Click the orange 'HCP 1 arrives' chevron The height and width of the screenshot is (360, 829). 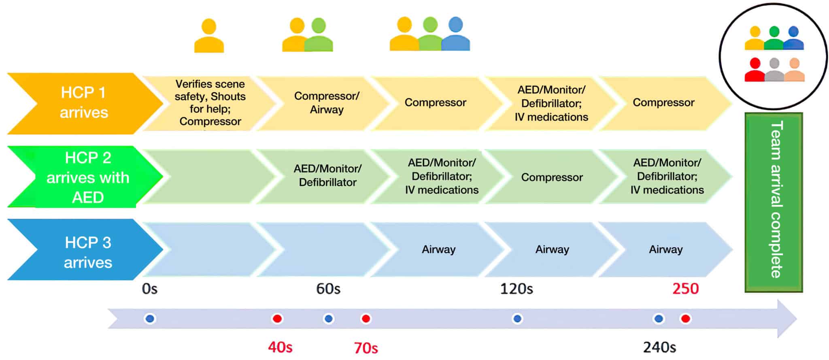83,103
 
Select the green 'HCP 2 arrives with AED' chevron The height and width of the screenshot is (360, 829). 87,177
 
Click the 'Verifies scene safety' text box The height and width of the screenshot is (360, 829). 210,102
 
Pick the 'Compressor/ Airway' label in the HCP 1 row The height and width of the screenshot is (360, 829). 326,102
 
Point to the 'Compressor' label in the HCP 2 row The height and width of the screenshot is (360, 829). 552,177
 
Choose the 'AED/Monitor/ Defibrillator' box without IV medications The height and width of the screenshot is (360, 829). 327,175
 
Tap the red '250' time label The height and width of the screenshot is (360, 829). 685,289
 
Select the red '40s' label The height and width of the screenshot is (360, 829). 280,347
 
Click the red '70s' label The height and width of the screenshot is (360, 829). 366,348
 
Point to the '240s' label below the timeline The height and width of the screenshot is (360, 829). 659,347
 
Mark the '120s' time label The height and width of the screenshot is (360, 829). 517,289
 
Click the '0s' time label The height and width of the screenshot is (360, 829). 149,289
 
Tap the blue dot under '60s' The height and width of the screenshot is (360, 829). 328,319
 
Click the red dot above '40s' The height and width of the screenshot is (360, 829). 277,319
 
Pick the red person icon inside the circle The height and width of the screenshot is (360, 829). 755,70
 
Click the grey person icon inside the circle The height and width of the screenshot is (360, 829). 774,70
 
